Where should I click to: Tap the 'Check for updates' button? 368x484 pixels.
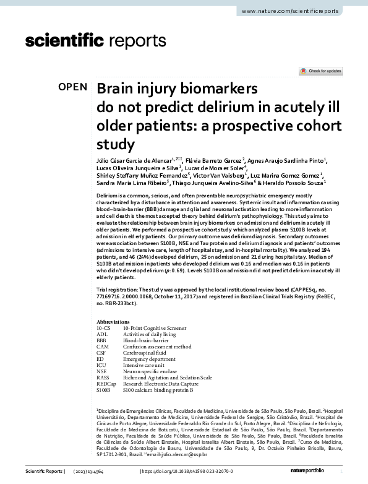click(x=320, y=71)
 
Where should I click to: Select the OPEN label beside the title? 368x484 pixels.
click(x=73, y=87)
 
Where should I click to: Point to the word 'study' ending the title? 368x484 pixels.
click(x=115, y=145)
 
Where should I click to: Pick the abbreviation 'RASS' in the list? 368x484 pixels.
click(x=103, y=377)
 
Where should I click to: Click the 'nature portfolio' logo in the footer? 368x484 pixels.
click(x=325, y=472)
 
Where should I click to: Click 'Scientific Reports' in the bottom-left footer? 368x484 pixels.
click(x=43, y=472)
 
